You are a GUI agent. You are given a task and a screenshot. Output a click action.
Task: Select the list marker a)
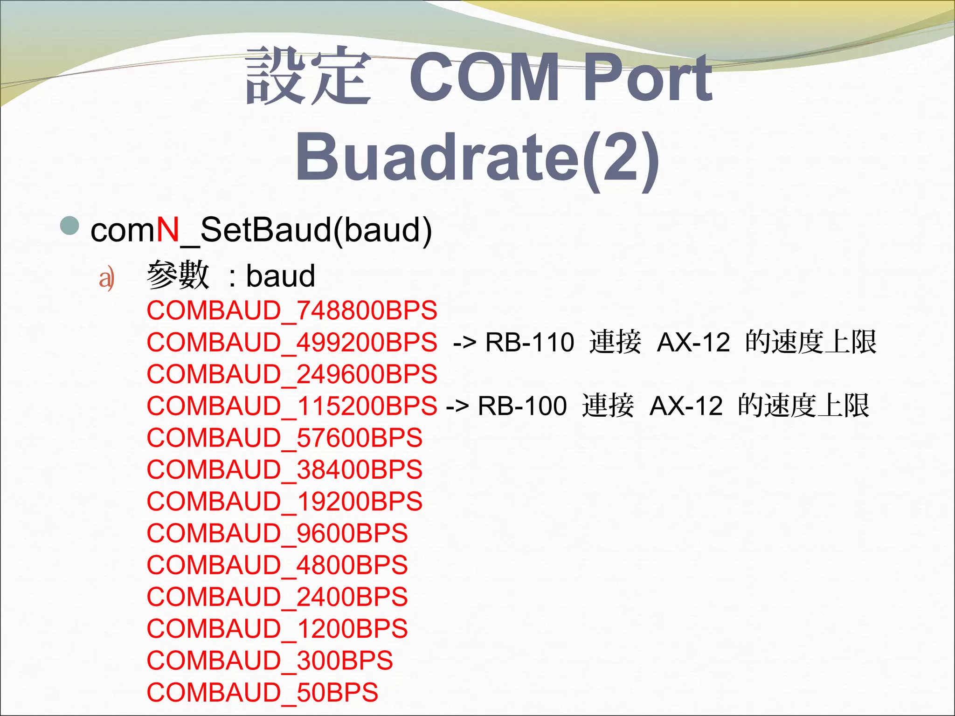(x=106, y=279)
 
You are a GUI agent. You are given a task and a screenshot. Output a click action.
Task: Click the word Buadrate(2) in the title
(x=477, y=157)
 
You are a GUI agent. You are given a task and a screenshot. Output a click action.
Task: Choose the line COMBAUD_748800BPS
(x=292, y=311)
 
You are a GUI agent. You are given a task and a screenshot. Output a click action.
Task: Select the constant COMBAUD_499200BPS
(x=292, y=343)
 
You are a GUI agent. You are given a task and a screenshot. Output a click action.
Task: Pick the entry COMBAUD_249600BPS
(x=292, y=374)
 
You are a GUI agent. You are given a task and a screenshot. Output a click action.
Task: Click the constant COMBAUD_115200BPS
(x=292, y=406)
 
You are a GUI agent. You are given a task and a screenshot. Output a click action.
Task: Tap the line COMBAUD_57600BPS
(x=284, y=438)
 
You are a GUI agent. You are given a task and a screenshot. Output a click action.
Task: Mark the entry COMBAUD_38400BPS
(x=284, y=470)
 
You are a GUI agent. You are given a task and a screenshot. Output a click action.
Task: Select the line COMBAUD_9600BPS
(x=277, y=533)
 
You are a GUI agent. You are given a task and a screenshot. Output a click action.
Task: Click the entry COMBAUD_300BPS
(x=270, y=661)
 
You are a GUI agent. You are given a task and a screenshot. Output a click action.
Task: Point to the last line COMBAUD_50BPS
(x=262, y=693)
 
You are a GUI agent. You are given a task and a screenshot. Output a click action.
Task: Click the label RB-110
(x=529, y=343)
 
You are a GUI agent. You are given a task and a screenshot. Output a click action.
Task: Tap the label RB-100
(x=522, y=406)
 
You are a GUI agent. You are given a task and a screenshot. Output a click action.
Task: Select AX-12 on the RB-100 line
(x=686, y=406)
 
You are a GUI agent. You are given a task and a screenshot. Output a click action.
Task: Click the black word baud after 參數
(x=281, y=276)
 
